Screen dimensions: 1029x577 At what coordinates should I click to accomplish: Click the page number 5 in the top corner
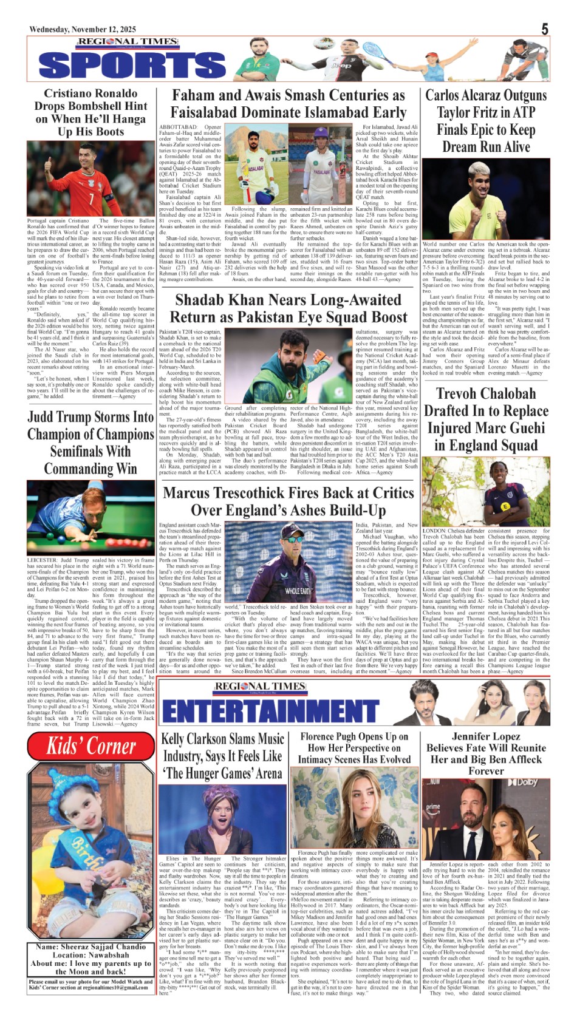tap(545, 29)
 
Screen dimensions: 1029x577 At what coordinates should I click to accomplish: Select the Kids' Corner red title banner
tap(91, 746)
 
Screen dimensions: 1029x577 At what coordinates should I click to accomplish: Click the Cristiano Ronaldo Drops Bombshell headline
tap(90, 112)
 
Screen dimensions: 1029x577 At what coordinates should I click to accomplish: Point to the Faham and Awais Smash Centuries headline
tap(288, 104)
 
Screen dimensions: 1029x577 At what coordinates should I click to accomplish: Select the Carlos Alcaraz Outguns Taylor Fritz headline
tap(486, 121)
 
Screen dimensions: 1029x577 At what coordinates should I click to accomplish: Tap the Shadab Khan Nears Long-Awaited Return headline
tap(288, 308)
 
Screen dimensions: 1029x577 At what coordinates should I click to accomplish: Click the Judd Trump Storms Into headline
tap(90, 443)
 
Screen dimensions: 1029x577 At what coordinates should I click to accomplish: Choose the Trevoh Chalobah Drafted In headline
tap(486, 419)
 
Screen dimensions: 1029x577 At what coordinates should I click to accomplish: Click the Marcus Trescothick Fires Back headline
tap(288, 501)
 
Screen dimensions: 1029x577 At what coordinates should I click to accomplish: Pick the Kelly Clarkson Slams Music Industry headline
tap(222, 756)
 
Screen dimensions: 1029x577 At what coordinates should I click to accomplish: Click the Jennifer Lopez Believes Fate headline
tap(486, 753)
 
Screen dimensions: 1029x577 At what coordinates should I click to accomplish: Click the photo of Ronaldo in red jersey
tap(90, 179)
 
